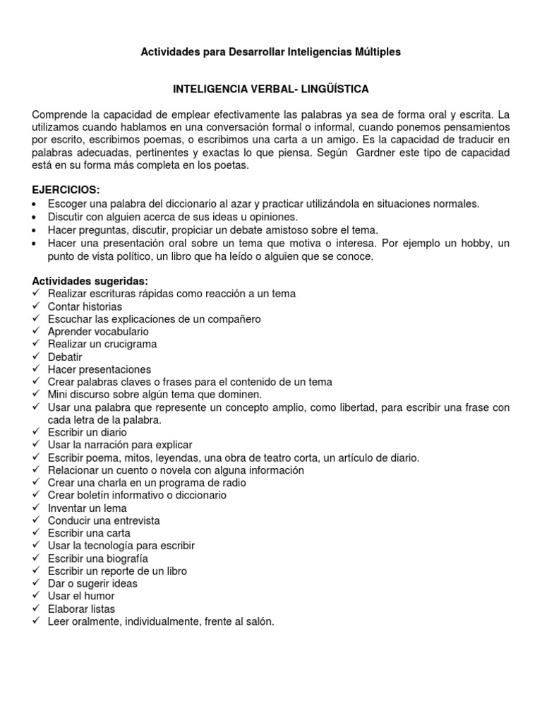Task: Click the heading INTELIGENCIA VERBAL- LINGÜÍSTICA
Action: pos(271,90)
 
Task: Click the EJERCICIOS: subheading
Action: pos(66,191)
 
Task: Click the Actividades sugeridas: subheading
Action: pos(90,280)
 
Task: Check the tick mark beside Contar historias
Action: pos(36,306)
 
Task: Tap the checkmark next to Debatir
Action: pos(36,357)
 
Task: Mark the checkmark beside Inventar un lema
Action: pos(36,508)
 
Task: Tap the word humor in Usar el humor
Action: pos(100,596)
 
